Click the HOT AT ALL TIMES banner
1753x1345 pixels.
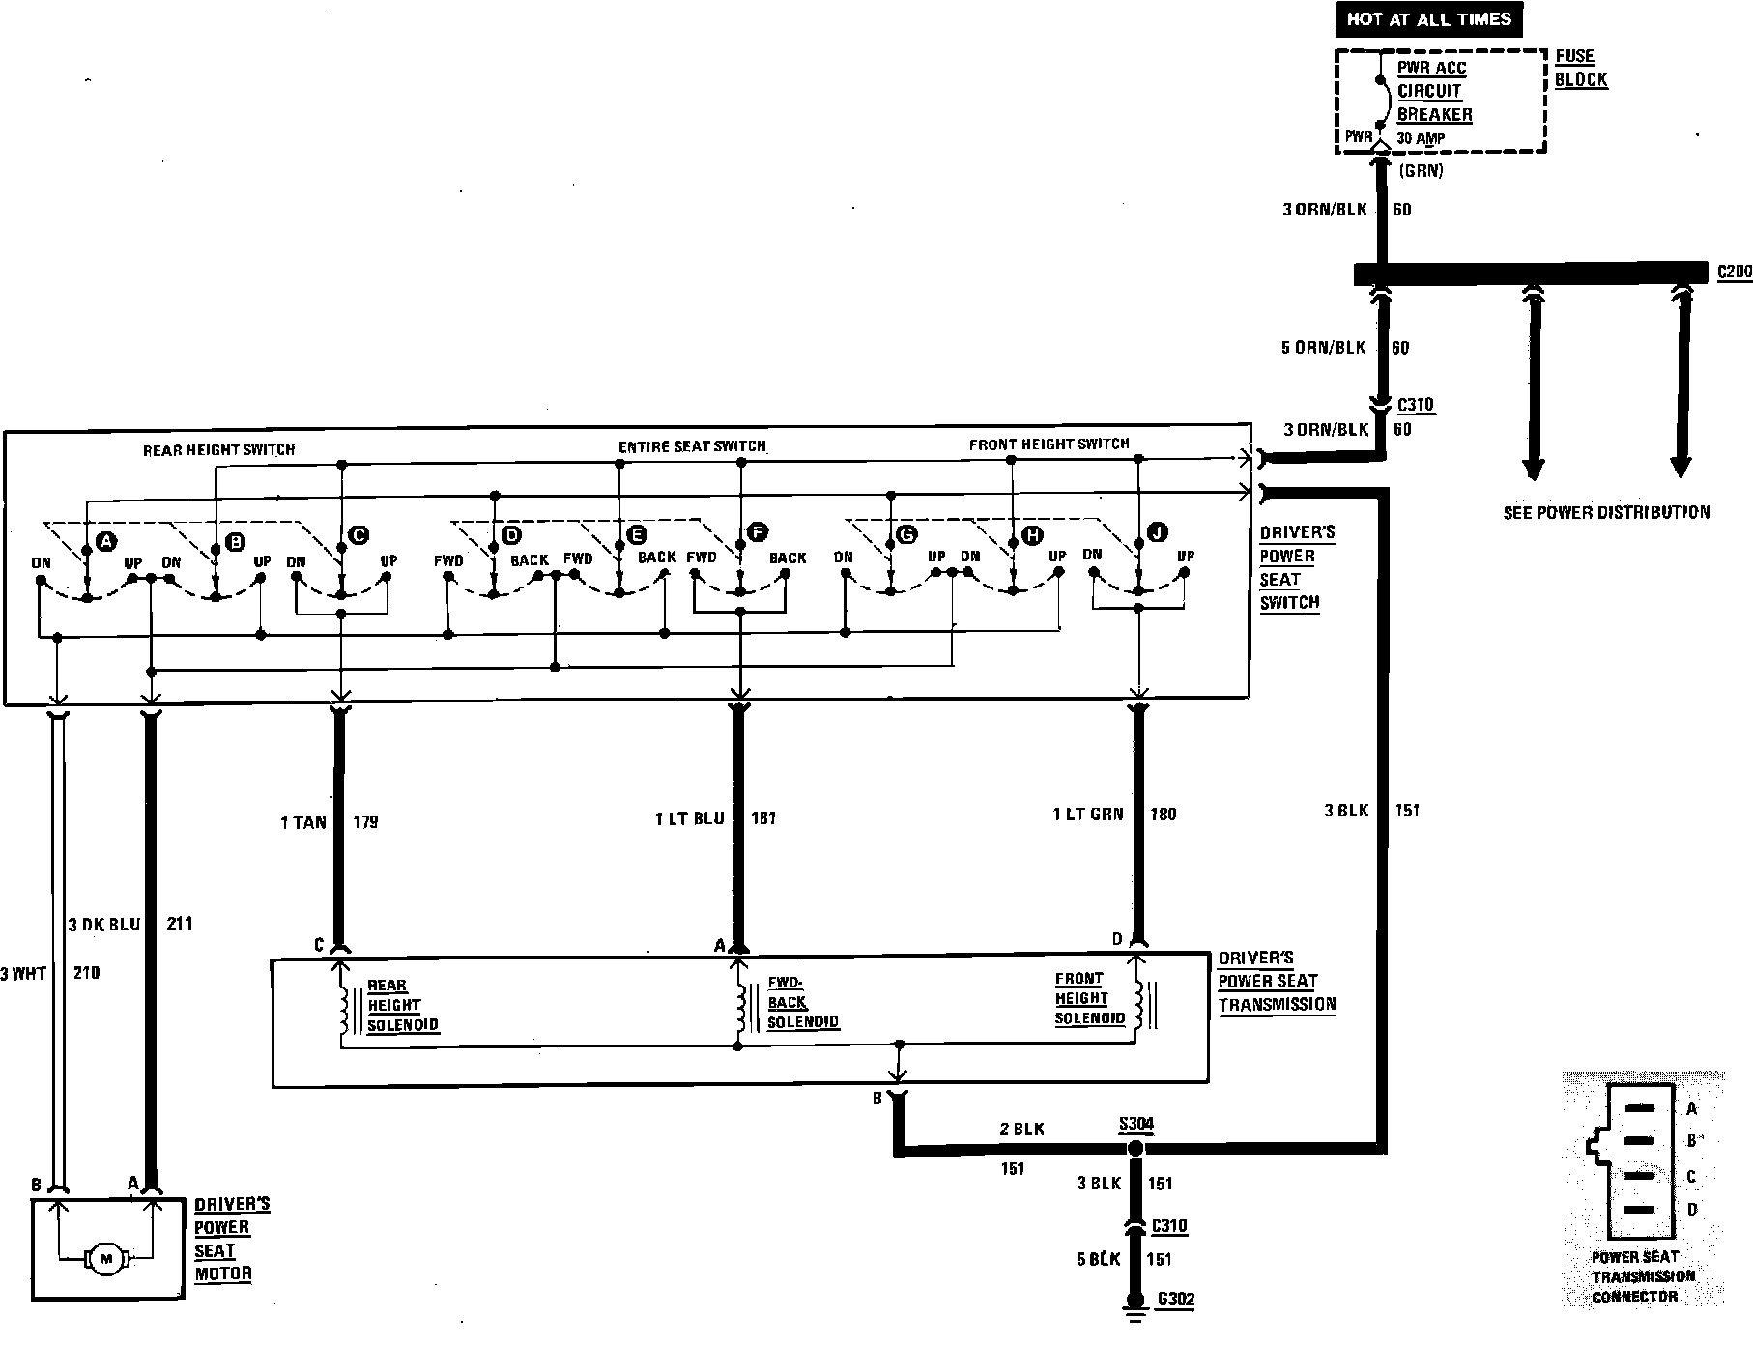[x=1428, y=18]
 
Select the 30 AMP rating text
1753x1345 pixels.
[x=1421, y=138]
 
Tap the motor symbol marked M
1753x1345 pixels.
[x=106, y=1258]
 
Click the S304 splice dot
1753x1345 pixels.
[x=1135, y=1148]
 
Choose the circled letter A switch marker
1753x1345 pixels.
[x=106, y=540]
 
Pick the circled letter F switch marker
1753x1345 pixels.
[x=758, y=531]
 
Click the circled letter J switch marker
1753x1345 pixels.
[x=1157, y=532]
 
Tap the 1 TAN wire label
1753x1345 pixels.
[x=303, y=822]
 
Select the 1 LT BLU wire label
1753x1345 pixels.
[x=688, y=818]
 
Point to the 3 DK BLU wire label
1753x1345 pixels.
[x=104, y=924]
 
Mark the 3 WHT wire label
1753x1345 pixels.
[x=23, y=973]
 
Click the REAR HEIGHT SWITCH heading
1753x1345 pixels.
[x=218, y=449]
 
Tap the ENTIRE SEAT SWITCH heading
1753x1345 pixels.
[x=692, y=446]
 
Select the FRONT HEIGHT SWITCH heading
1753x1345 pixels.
[x=1049, y=444]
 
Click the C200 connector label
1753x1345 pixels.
[x=1735, y=272]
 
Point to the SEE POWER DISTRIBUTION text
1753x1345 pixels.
[x=1606, y=512]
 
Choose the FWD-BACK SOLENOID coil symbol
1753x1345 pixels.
[x=741, y=1010]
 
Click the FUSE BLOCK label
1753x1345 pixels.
[x=1581, y=68]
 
